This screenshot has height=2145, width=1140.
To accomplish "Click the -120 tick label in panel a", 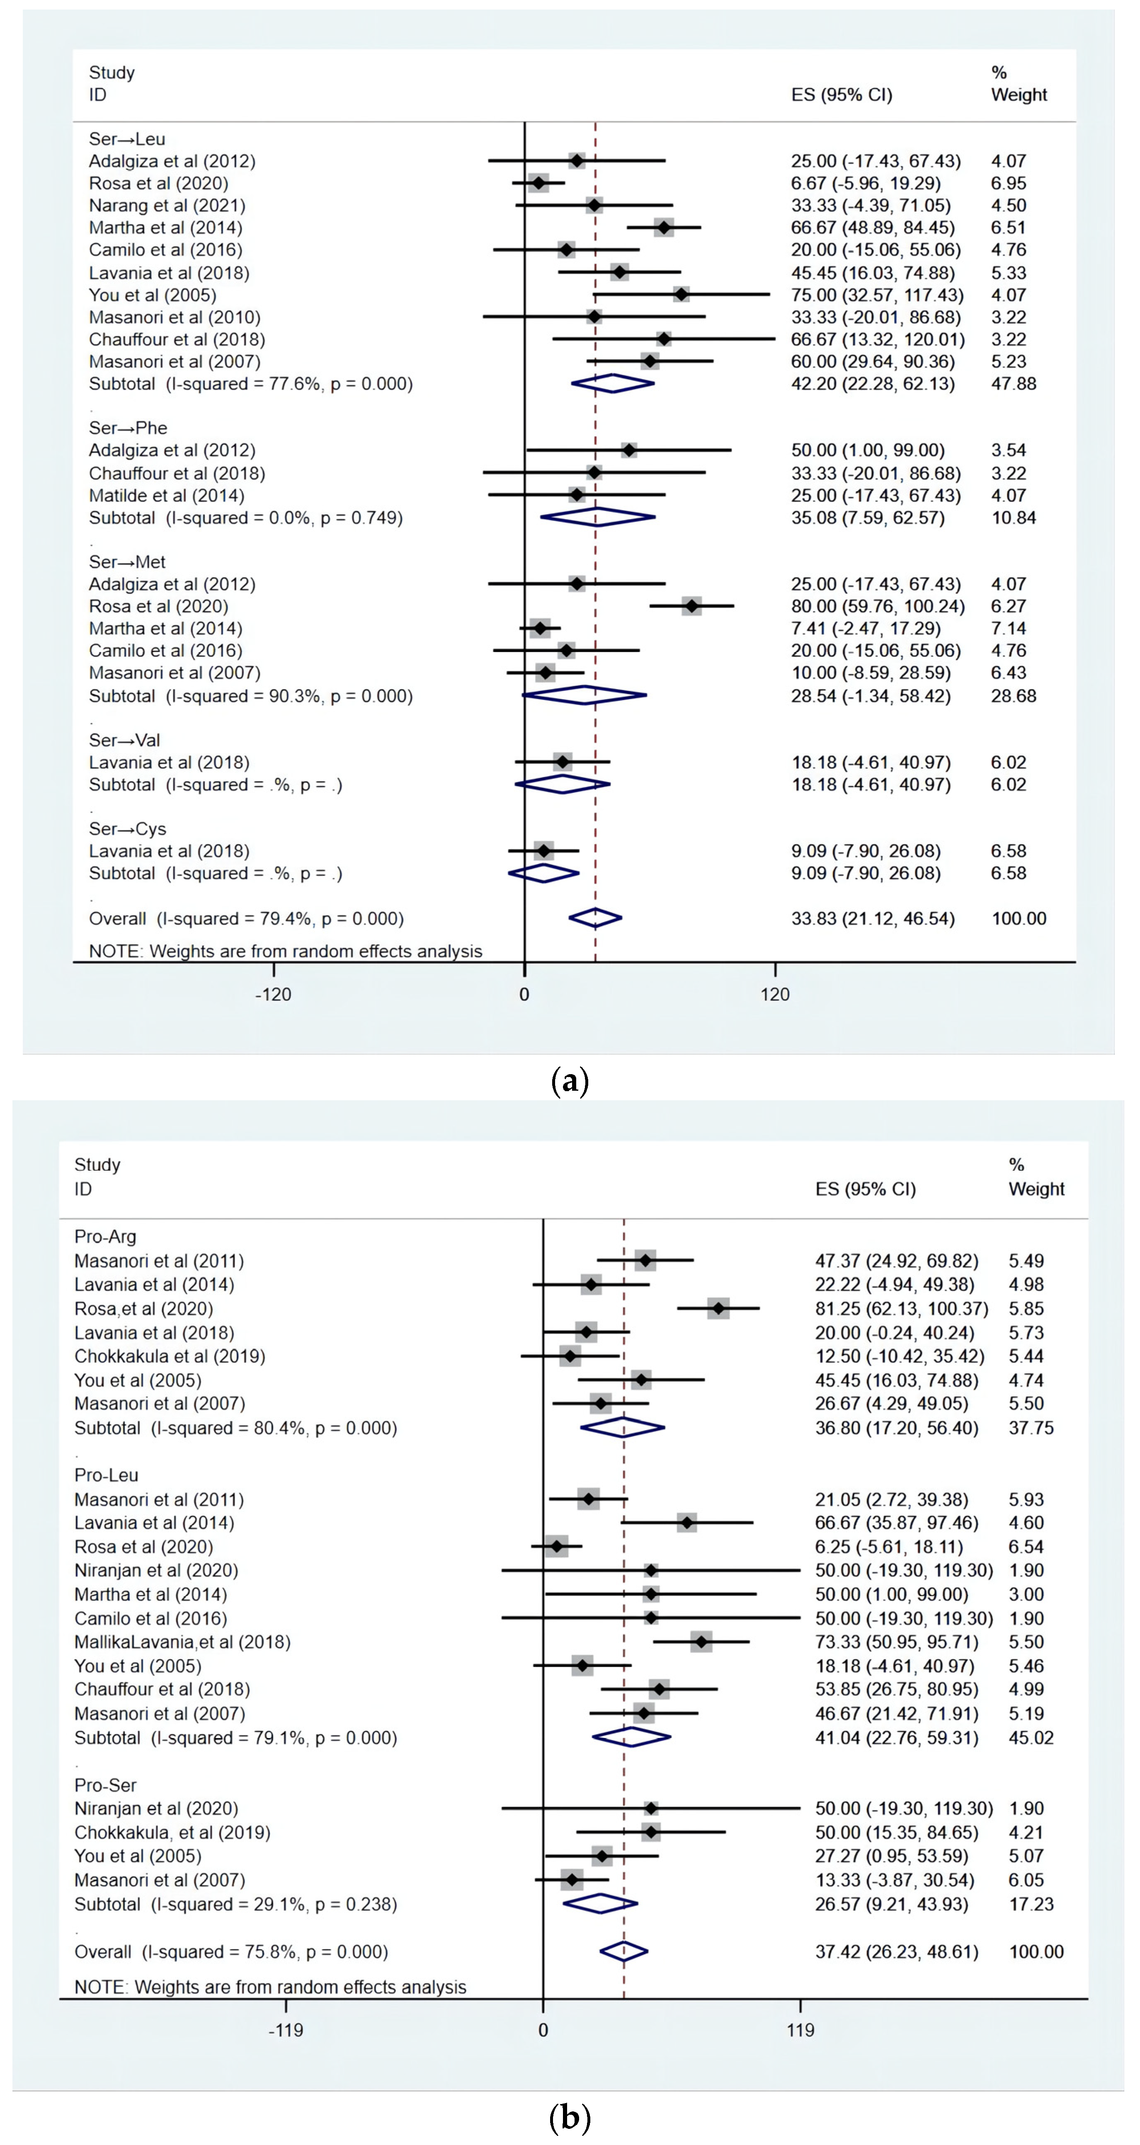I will [273, 994].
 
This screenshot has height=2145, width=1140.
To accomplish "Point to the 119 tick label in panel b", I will [800, 2030].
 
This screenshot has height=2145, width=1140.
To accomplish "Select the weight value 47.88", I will [1014, 384].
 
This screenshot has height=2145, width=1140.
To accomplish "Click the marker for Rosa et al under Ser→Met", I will [691, 606].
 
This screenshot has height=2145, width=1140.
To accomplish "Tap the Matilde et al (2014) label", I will [167, 496].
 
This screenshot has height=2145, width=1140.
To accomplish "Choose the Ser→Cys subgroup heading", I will [127, 828].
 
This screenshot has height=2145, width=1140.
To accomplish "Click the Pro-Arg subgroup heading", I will [105, 1237].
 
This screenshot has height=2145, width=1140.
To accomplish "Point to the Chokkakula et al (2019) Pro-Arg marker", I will [570, 1356].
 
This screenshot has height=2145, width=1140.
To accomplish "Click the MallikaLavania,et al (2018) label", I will [182, 1642].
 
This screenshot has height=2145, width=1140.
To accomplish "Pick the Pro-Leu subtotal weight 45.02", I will [1031, 1738].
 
